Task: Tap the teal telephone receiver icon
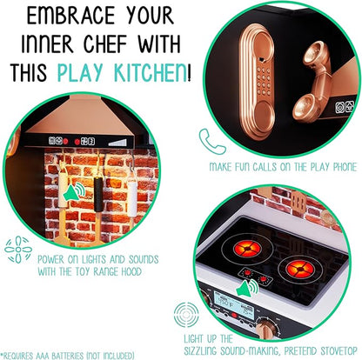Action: pos(207,138)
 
